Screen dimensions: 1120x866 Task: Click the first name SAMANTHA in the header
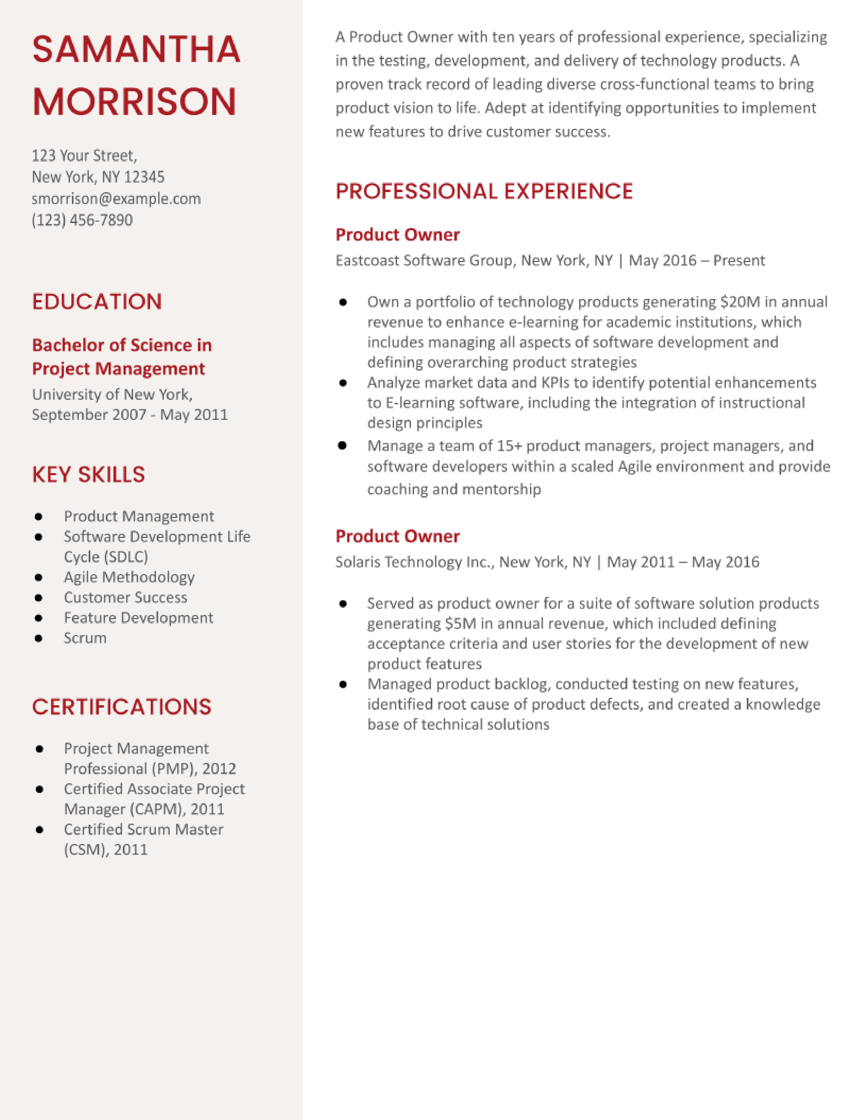(x=136, y=50)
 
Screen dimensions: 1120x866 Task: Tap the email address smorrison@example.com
(x=116, y=199)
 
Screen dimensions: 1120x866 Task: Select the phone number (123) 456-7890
(x=82, y=220)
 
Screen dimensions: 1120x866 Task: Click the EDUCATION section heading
(x=97, y=301)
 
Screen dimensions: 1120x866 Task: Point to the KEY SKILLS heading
(x=88, y=474)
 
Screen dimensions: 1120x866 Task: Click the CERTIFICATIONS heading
(x=122, y=707)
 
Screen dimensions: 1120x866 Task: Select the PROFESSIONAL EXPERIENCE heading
(x=484, y=191)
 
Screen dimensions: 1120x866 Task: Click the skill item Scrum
(x=85, y=638)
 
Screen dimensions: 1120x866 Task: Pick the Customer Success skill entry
(x=125, y=597)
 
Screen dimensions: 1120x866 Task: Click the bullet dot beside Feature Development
(x=38, y=618)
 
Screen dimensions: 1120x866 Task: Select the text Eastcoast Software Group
(x=424, y=261)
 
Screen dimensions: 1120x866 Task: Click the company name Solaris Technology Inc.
(x=414, y=562)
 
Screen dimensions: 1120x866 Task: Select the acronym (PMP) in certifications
(x=173, y=769)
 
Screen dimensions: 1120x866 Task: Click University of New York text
(x=111, y=394)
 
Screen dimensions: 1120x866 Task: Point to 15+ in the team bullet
(x=509, y=446)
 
